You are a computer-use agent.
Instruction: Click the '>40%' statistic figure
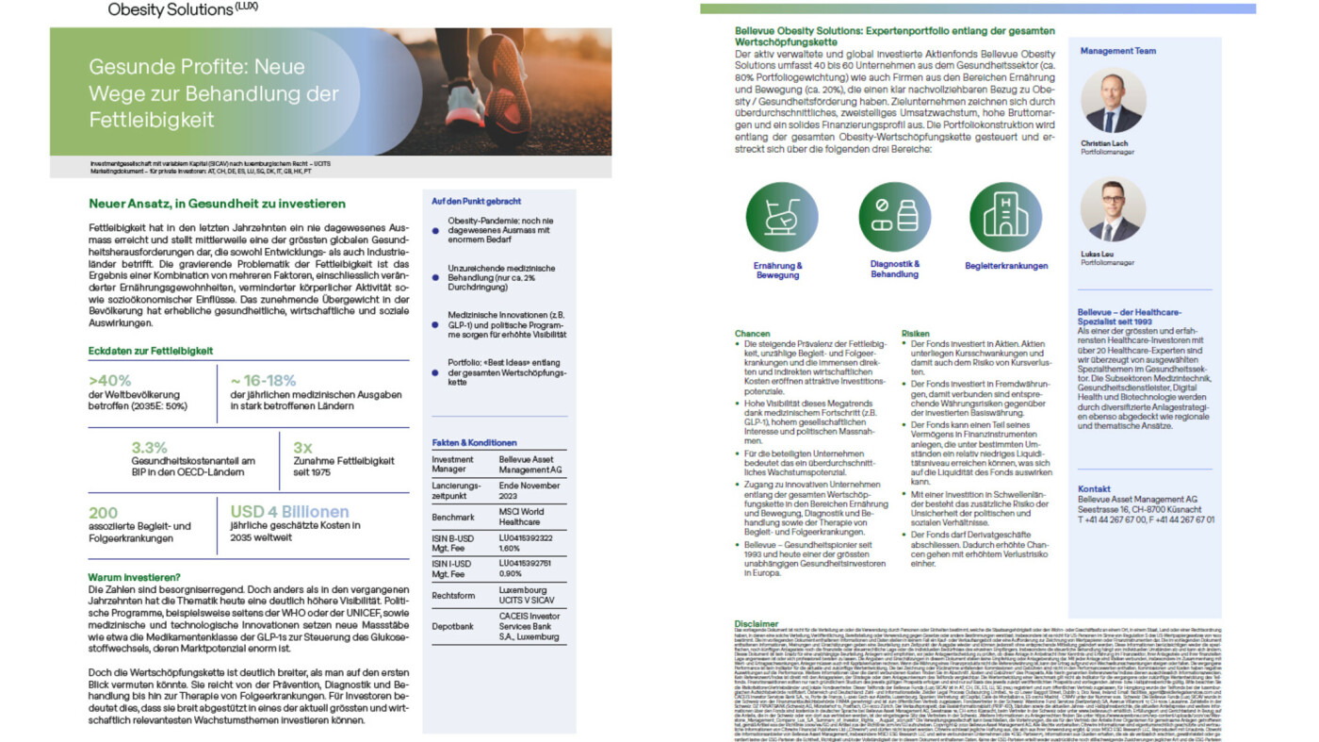pyautogui.click(x=109, y=381)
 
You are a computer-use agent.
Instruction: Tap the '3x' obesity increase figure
pyautogui.click(x=303, y=447)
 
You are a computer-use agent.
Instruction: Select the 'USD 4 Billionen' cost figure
pyautogui.click(x=290, y=512)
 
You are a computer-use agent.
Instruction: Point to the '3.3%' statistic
pyautogui.click(x=149, y=447)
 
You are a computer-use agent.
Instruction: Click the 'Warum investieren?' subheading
pyautogui.click(x=134, y=577)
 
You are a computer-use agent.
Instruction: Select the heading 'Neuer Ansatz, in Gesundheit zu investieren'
pyautogui.click(x=217, y=204)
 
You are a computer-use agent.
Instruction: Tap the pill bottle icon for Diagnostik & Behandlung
pyautogui.click(x=894, y=216)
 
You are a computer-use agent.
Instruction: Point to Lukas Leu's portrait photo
pyautogui.click(x=1114, y=209)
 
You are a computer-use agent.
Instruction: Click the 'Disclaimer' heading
pyautogui.click(x=757, y=624)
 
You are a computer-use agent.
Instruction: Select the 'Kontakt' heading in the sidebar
pyautogui.click(x=1094, y=488)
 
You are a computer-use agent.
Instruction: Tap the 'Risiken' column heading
pyautogui.click(x=915, y=334)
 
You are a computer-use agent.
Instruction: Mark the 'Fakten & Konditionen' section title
pyautogui.click(x=474, y=442)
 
